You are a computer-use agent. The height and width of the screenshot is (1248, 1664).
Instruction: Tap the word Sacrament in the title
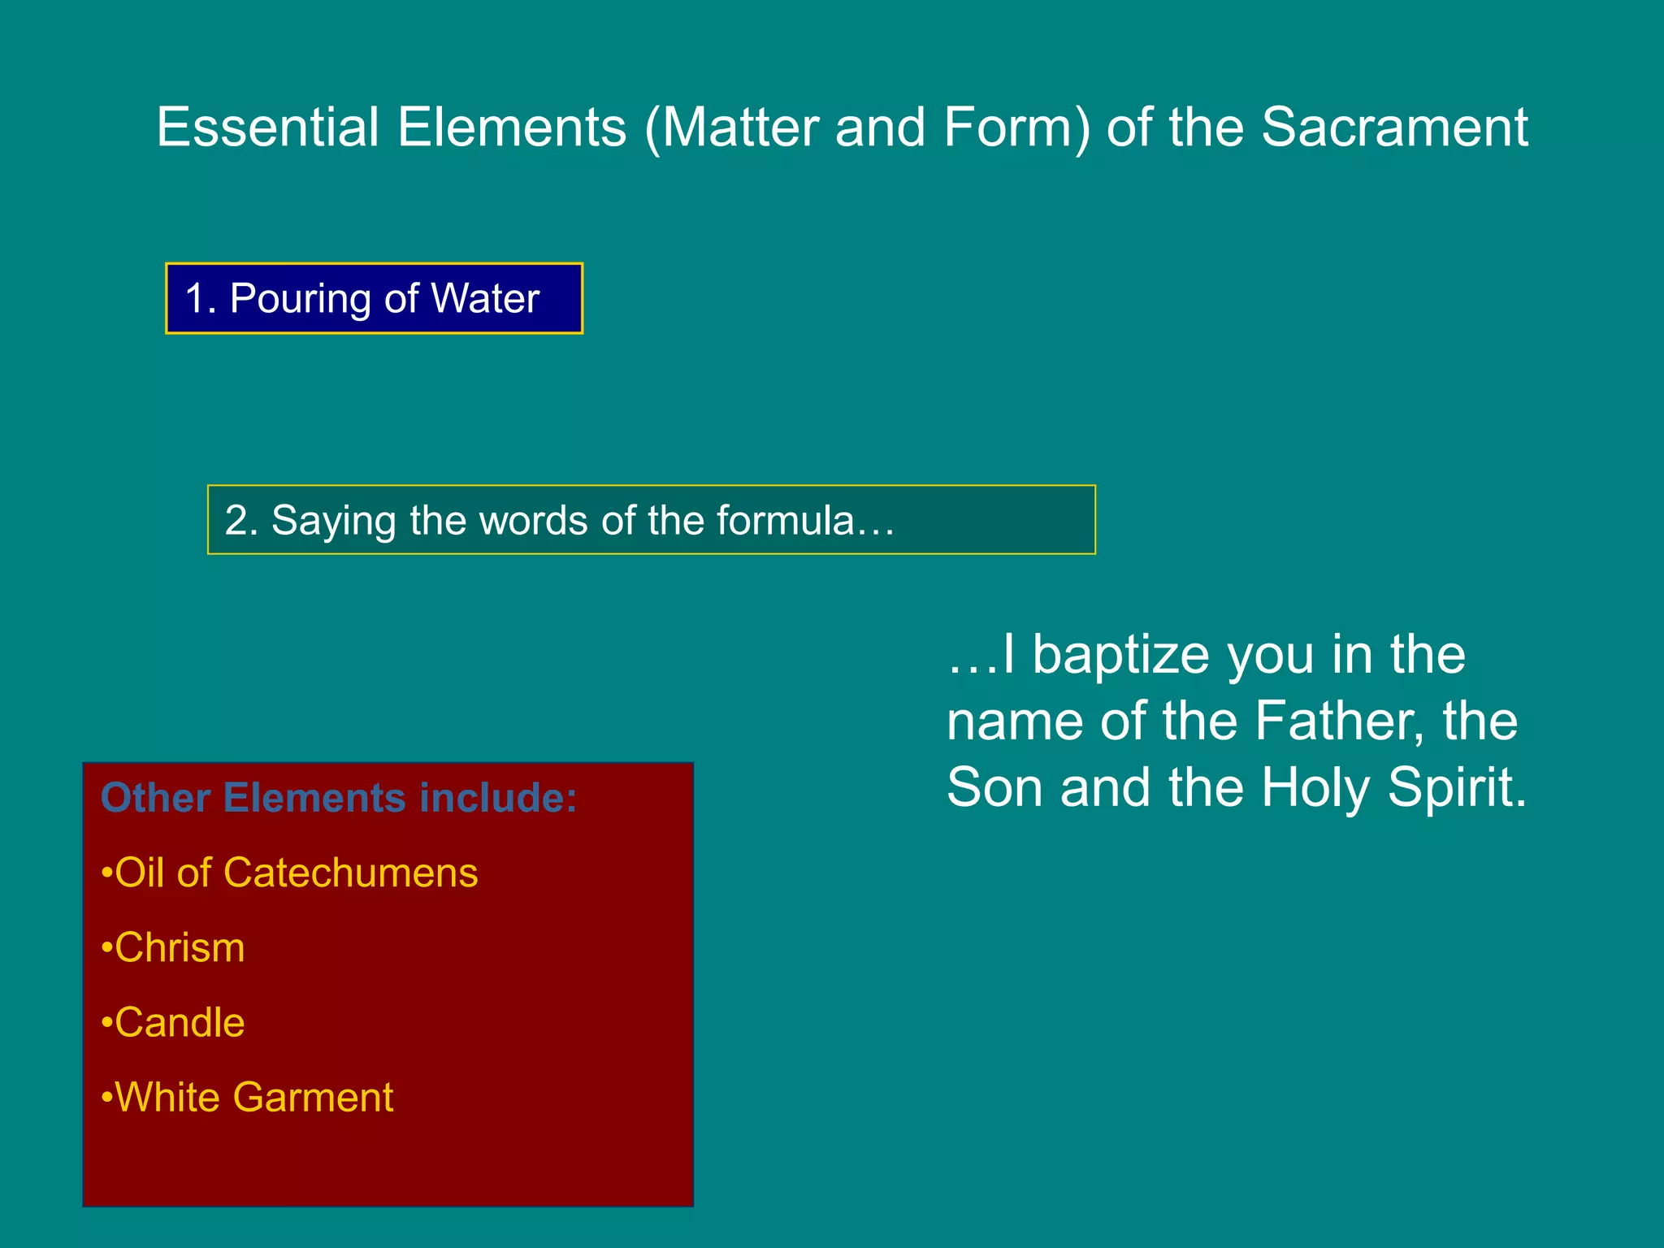tap(1394, 128)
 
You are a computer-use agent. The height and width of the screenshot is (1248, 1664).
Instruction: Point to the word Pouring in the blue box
tap(300, 299)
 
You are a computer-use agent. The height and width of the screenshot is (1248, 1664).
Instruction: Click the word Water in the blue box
tap(485, 298)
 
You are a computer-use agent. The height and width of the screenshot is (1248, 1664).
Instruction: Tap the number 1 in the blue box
tap(196, 298)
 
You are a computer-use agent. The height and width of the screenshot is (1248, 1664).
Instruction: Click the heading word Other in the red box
tap(155, 798)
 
